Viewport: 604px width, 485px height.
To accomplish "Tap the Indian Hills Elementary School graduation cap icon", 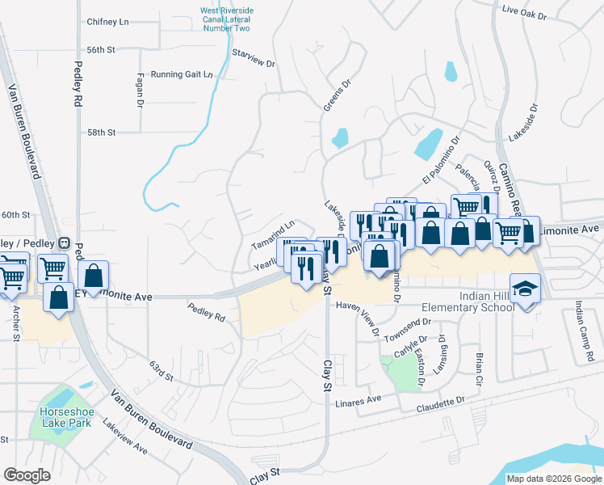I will (x=526, y=289).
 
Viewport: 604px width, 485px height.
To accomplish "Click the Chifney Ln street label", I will (x=107, y=22).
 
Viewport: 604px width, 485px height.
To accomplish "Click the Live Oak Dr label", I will (x=547, y=14).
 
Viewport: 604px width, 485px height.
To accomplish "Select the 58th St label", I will (x=103, y=132).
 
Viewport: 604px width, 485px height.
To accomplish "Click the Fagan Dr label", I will (x=140, y=93).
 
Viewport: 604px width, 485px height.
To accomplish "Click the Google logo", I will (x=27, y=475).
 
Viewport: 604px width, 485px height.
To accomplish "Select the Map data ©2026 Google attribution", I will (x=553, y=479).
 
